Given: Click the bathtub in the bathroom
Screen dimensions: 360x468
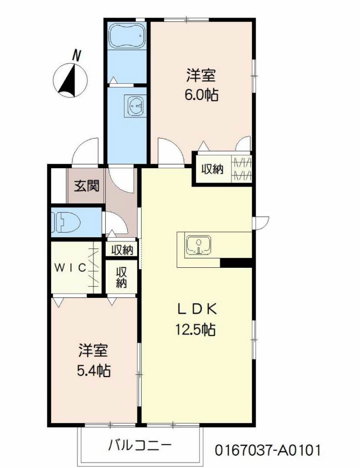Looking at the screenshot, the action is click(127, 36).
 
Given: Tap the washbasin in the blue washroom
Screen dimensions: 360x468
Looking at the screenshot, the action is click(137, 106).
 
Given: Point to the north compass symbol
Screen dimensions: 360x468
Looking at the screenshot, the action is click(70, 80).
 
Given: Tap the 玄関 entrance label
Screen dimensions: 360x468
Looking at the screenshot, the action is click(86, 186).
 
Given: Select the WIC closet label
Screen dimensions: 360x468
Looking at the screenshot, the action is click(70, 267).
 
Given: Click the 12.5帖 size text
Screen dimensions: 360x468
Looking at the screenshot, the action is click(195, 330).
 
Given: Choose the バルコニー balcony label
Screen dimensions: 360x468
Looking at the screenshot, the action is click(140, 446).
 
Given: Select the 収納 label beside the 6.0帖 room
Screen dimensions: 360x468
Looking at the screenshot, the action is click(212, 169).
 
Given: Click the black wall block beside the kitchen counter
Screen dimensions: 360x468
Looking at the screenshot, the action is click(236, 263).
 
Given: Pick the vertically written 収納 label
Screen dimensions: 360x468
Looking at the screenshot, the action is click(122, 277).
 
